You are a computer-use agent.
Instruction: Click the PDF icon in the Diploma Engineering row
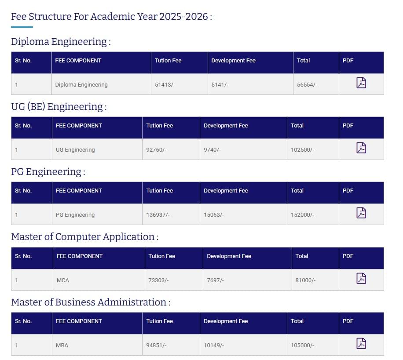coord(361,83)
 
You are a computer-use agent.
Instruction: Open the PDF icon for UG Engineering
coord(361,148)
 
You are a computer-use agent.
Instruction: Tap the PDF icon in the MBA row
coord(361,343)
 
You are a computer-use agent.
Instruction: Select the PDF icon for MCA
coord(361,278)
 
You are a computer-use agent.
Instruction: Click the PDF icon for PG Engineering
coord(361,213)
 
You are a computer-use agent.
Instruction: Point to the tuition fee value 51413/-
coord(165,84)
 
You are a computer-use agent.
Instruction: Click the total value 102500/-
coord(302,149)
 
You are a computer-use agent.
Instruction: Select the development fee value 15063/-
coord(214,215)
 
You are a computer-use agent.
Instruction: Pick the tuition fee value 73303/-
coord(158,280)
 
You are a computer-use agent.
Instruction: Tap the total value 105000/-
coord(302,345)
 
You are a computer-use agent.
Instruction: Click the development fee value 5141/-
coord(220,84)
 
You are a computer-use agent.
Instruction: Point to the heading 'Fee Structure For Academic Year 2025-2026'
coord(111,17)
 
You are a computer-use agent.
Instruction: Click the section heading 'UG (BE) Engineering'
coord(59,107)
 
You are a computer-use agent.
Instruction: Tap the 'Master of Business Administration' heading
coord(90,302)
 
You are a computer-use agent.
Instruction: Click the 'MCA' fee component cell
coord(63,280)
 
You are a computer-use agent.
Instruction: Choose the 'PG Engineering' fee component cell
coord(75,215)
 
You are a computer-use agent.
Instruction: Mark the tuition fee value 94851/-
coord(156,345)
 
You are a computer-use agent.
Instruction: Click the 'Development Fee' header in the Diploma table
coord(233,61)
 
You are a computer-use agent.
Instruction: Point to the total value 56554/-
coord(307,84)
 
